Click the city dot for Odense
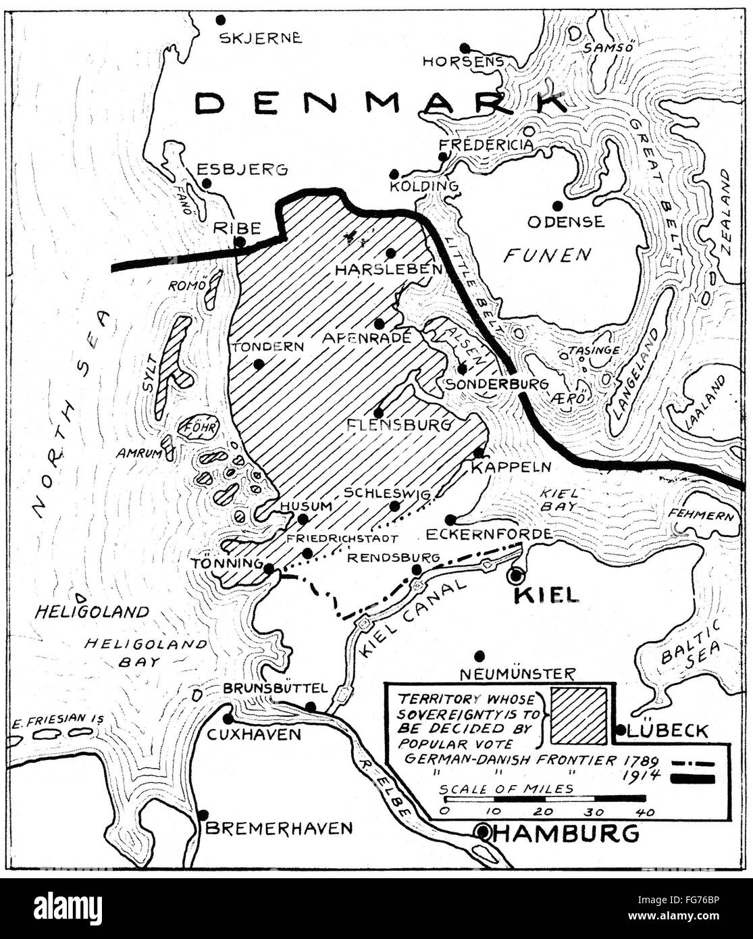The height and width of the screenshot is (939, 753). click(557, 205)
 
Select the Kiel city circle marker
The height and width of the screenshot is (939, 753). click(516, 575)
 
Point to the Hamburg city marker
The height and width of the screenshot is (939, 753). click(483, 832)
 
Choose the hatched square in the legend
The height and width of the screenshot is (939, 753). click(579, 714)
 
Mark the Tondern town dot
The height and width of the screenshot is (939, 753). click(258, 363)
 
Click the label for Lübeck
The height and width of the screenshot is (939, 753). click(667, 730)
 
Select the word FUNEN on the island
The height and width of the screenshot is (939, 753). click(547, 255)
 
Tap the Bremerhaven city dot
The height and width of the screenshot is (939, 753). click(203, 815)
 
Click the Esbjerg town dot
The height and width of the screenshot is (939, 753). click(207, 182)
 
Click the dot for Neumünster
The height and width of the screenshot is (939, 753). click(480, 654)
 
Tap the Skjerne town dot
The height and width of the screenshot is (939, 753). click(220, 19)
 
